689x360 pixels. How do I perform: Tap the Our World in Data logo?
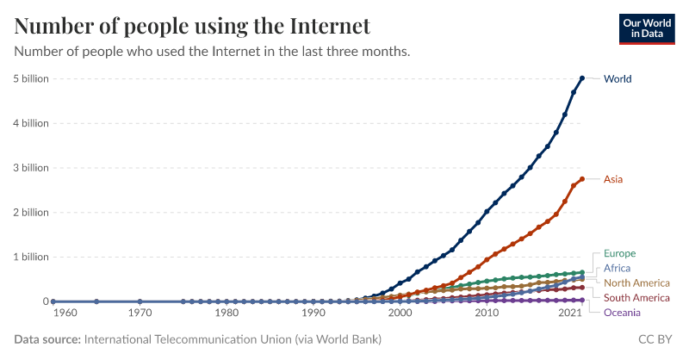(x=647, y=27)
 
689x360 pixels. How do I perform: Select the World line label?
(x=618, y=79)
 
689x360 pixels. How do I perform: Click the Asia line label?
(x=613, y=179)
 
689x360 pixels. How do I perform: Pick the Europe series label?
(x=619, y=254)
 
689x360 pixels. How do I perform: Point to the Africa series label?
(x=618, y=269)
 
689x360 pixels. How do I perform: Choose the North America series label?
(x=636, y=283)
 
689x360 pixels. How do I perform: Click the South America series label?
(x=636, y=298)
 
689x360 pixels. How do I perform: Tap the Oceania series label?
(x=622, y=313)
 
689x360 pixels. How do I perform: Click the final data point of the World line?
(x=582, y=78)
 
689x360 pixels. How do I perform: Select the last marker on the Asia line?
(x=582, y=179)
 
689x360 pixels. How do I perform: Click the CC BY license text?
(x=655, y=340)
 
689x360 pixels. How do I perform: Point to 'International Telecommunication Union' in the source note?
(x=188, y=340)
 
